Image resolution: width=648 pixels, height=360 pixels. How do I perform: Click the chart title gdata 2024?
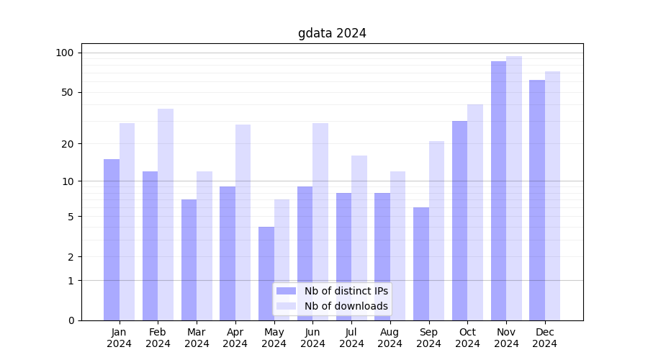coord(332,33)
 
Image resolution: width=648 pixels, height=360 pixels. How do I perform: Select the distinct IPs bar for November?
coord(498,191)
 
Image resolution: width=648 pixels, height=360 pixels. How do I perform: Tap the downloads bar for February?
coord(166,215)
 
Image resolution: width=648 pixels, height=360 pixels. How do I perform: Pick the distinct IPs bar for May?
coord(266,274)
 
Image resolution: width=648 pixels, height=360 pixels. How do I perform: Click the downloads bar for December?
coord(552,196)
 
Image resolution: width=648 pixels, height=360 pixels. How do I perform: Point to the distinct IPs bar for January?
coord(112,240)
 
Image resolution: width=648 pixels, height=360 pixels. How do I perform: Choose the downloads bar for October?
coord(475,212)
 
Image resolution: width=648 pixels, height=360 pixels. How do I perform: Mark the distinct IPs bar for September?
coord(421,264)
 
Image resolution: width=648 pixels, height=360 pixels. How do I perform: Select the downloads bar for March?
coord(204,246)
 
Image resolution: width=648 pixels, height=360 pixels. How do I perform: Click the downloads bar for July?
coord(359,238)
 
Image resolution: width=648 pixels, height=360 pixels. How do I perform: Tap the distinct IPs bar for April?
coord(228,253)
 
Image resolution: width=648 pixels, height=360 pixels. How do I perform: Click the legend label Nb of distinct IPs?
coord(346,291)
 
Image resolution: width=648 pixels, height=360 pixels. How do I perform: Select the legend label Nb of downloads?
coord(346,306)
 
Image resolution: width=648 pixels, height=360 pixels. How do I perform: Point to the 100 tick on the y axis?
coord(65,53)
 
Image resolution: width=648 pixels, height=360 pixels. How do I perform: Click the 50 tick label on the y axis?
coord(67,92)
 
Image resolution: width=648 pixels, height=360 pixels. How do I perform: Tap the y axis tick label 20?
coord(67,144)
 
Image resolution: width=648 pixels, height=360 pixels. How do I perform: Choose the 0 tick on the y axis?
coord(71,320)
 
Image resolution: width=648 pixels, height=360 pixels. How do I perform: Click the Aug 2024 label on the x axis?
coord(390,338)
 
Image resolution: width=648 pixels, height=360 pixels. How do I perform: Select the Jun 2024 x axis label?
coord(312,338)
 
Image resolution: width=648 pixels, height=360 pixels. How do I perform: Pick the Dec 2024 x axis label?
coord(545,338)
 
